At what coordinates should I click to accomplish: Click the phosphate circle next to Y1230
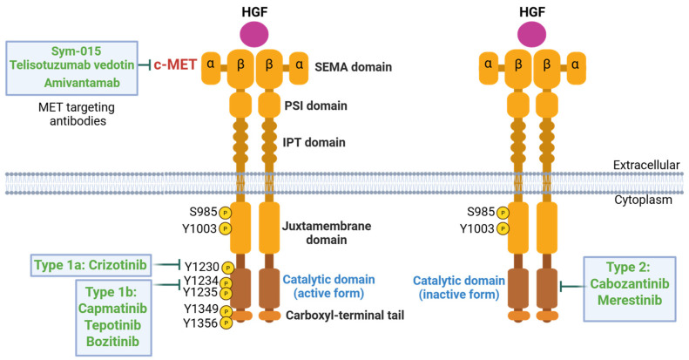[227, 268]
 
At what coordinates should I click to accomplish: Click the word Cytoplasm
[655, 200]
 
